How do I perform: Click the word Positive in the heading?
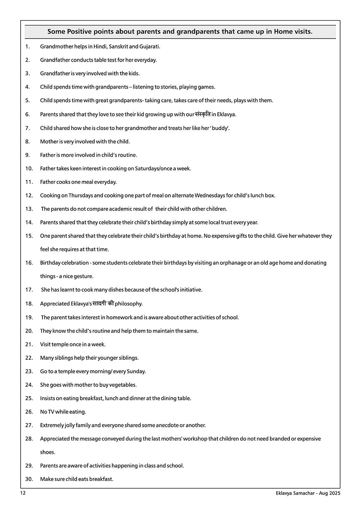79,32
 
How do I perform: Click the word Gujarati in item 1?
150,46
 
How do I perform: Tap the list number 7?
27,128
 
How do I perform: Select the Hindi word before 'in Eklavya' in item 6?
202,114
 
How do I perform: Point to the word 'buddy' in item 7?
220,128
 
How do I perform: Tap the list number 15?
29,236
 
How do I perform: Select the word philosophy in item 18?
129,304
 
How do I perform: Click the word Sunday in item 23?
136,371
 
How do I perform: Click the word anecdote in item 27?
167,425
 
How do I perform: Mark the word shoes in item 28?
48,452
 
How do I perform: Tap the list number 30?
29,479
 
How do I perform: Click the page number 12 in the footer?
23,494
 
